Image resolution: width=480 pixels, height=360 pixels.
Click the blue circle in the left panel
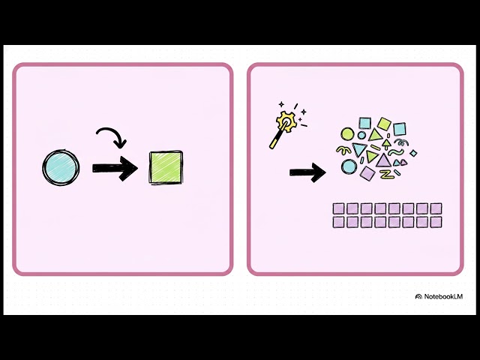tap(61, 167)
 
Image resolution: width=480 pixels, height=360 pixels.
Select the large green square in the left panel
tap(166, 167)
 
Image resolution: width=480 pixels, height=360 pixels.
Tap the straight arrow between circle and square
tap(115, 168)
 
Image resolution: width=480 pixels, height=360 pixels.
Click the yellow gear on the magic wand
tap(286, 121)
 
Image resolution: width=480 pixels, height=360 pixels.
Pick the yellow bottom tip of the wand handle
tap(271, 146)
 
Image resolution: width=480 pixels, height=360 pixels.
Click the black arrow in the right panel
tap(307, 172)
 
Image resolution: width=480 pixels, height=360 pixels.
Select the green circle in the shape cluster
tap(347, 134)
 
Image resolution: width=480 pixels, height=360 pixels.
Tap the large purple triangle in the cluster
tap(383, 161)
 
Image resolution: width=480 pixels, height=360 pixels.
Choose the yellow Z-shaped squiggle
tap(387, 175)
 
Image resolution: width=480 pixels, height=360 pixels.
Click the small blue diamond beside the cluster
tap(413, 153)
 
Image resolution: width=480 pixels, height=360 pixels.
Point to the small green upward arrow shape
tap(387, 144)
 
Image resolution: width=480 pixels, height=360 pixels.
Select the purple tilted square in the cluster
tap(367, 173)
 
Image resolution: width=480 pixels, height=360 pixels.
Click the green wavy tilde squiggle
tap(396, 151)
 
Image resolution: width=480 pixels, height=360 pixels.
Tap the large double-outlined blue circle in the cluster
tap(349, 166)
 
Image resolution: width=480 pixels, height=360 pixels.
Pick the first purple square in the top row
tap(338, 208)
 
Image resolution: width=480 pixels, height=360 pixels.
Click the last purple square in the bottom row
tap(436, 222)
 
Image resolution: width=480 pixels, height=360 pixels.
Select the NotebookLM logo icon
tap(418, 296)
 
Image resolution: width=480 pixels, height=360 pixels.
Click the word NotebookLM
tap(443, 296)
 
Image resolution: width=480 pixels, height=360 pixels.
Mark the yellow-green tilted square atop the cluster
tap(384, 124)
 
